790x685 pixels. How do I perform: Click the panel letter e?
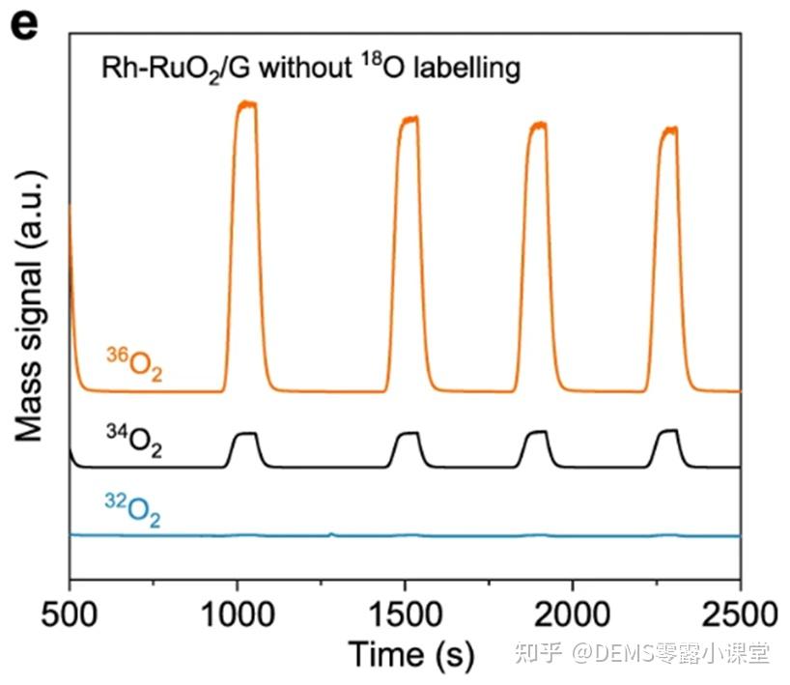point(23,23)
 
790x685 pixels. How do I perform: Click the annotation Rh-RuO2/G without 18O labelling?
point(312,69)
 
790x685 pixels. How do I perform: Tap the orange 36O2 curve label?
point(133,365)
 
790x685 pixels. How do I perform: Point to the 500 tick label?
point(70,614)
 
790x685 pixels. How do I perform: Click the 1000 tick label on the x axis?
point(237,614)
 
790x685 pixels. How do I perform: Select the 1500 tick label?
point(405,614)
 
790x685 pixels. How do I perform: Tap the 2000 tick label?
point(573,614)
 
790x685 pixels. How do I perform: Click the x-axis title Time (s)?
point(411,654)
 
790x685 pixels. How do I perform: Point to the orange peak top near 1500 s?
point(410,120)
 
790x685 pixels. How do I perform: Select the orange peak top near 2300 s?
point(669,128)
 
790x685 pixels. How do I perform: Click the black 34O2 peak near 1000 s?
point(245,434)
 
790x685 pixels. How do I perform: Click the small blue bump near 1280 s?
point(331,532)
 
